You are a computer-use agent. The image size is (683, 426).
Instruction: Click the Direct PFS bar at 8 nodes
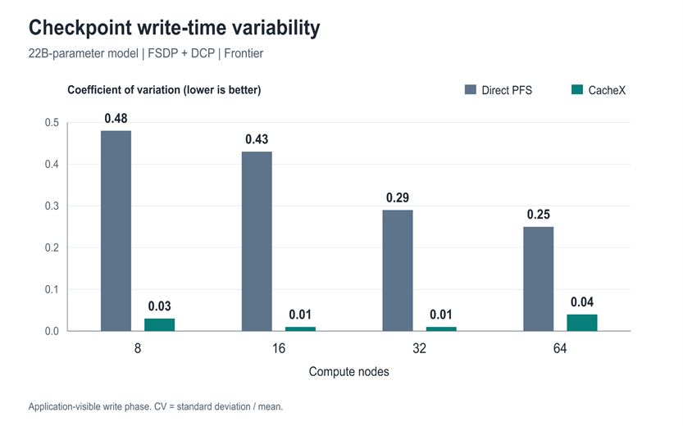[116, 231]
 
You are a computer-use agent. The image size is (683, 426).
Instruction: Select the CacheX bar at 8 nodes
[159, 324]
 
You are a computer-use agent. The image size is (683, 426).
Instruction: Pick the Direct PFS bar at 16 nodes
[257, 241]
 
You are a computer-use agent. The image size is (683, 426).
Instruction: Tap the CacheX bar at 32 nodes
[441, 329]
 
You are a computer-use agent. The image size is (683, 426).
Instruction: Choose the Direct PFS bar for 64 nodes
[539, 279]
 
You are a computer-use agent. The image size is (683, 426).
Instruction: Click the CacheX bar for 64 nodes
[582, 323]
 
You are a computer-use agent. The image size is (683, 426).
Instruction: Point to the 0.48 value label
[116, 118]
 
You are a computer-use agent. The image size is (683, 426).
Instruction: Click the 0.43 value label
[257, 139]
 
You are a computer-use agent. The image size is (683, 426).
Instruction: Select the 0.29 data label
[398, 197]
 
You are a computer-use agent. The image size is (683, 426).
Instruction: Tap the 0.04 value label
[582, 302]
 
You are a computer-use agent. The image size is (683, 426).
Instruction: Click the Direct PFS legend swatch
[471, 89]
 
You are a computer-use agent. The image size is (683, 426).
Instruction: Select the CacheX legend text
[607, 90]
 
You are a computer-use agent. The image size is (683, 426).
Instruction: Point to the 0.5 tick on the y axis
[52, 123]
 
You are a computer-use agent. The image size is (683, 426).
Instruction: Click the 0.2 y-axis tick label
[52, 247]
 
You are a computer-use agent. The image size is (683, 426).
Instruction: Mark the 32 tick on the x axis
[420, 348]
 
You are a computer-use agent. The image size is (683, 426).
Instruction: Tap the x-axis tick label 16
[279, 348]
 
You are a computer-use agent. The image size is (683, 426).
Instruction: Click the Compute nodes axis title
[349, 372]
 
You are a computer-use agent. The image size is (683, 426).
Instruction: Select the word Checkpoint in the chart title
[80, 29]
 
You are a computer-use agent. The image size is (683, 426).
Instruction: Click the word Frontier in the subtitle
[244, 53]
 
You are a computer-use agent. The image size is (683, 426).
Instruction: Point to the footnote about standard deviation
[156, 406]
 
